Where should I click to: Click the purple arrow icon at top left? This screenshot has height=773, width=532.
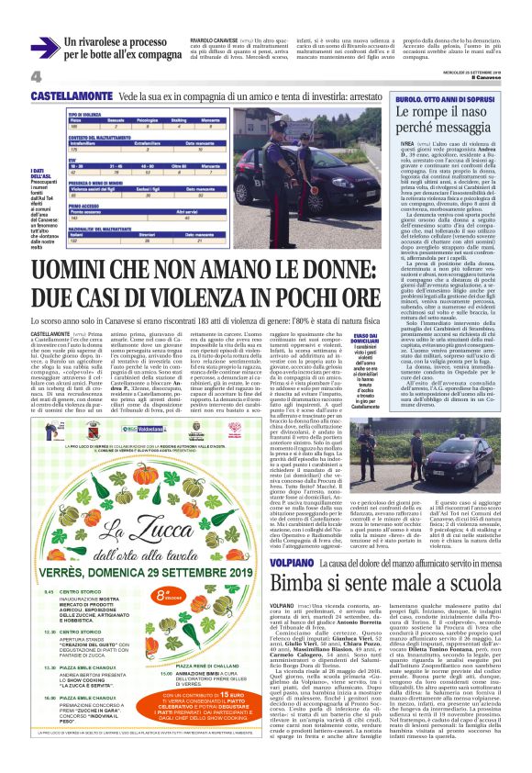[44, 47]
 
